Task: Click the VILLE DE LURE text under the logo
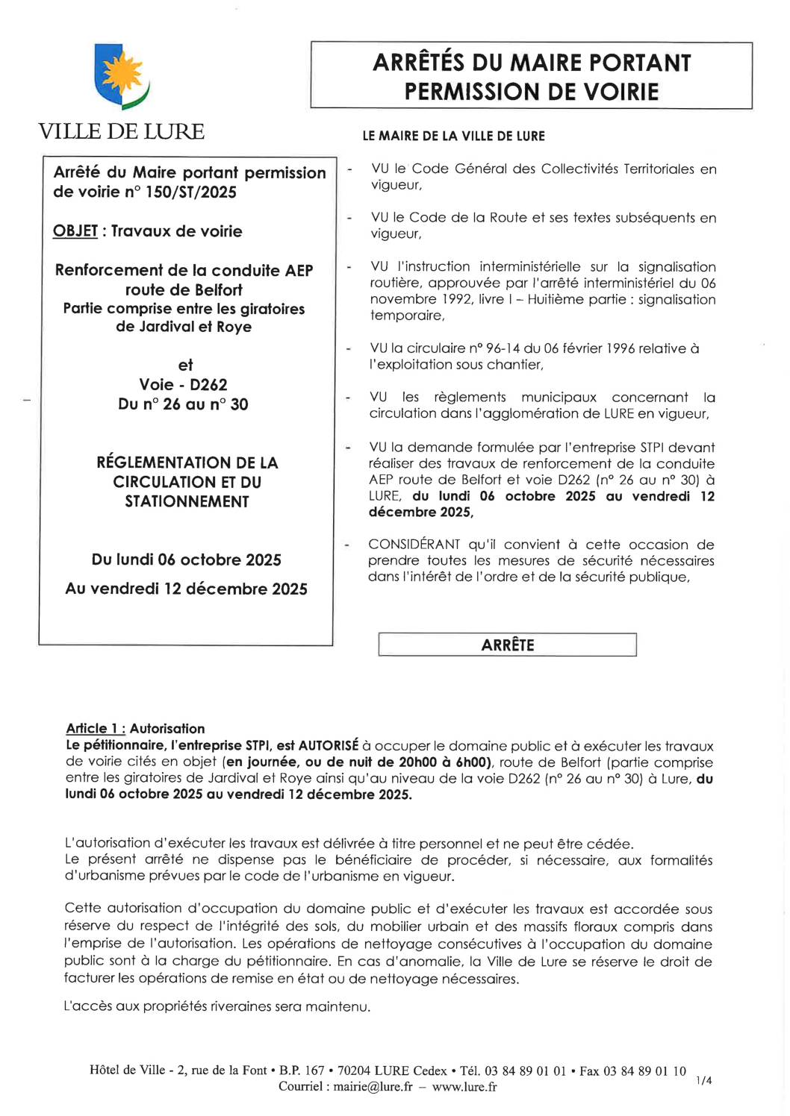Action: point(121,132)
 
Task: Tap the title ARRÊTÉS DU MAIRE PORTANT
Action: point(531,63)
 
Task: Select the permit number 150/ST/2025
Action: point(190,192)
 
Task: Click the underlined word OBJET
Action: point(75,231)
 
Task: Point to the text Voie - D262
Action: point(183,385)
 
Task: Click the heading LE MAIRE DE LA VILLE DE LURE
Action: point(453,137)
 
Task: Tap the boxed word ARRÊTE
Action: point(508,645)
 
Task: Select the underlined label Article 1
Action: point(95,729)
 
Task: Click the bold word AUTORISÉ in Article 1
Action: point(329,745)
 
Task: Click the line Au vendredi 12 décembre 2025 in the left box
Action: point(186,589)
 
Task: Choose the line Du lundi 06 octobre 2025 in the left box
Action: point(186,560)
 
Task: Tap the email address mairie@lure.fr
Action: point(373,1087)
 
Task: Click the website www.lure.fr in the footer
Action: point(464,1087)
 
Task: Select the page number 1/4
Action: point(703,1080)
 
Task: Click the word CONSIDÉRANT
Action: point(414,545)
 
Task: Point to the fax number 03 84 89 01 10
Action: point(644,1071)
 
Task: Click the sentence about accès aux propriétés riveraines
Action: point(217,1007)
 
